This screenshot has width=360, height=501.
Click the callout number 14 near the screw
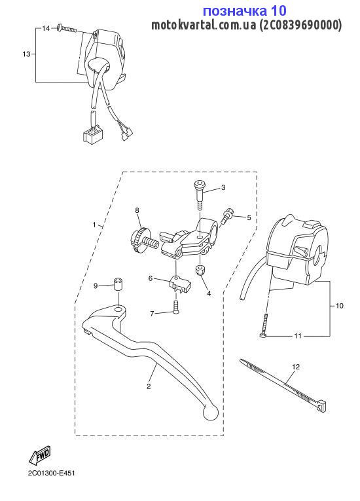click(46, 28)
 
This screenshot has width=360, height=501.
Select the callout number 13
click(26, 54)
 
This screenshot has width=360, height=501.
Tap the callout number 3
click(223, 187)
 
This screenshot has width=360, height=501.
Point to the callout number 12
click(296, 367)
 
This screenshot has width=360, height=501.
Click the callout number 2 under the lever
click(148, 386)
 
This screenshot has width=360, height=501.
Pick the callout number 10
click(339, 306)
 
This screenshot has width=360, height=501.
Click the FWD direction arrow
click(40, 455)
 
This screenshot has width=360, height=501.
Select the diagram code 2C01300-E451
click(51, 473)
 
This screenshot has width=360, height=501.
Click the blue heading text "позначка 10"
click(245, 10)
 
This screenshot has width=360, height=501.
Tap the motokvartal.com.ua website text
click(204, 25)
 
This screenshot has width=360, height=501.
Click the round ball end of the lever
click(210, 413)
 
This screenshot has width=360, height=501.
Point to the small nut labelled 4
click(200, 270)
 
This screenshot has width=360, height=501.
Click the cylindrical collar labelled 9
click(118, 284)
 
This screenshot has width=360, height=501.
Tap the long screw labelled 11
click(264, 325)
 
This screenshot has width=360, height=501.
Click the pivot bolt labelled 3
click(199, 195)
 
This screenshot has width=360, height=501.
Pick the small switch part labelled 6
click(181, 284)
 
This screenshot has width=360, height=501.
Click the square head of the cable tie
click(323, 405)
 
